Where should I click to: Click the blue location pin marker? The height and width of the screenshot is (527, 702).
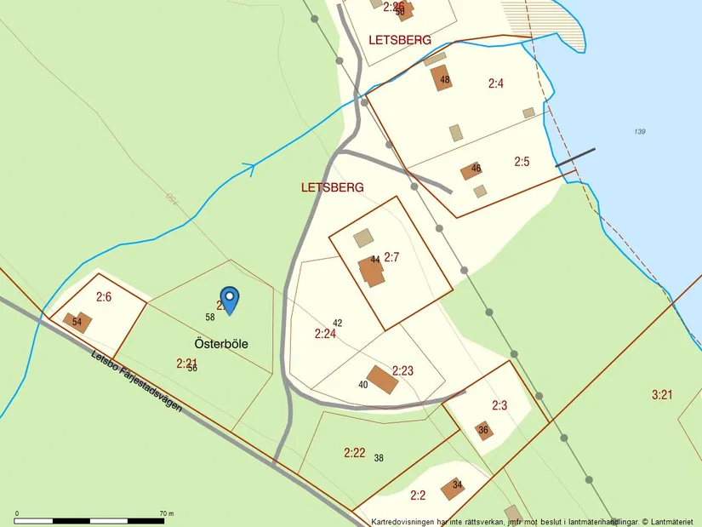pyautogui.click(x=230, y=299)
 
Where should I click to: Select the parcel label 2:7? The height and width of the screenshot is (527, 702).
pyautogui.click(x=391, y=256)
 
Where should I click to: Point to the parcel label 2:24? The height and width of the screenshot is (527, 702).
pyautogui.click(x=325, y=335)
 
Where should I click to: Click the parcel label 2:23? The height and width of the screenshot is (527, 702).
pyautogui.click(x=402, y=370)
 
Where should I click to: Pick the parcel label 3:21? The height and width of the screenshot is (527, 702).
pyautogui.click(x=662, y=394)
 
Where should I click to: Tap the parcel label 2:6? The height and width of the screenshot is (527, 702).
pyautogui.click(x=104, y=297)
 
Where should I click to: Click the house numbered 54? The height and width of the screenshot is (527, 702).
pyautogui.click(x=77, y=322)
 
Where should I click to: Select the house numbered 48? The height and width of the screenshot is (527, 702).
pyautogui.click(x=442, y=78)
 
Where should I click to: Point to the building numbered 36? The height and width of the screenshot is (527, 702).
pyautogui.click(x=483, y=431)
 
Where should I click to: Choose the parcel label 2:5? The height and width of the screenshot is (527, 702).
pyautogui.click(x=522, y=161)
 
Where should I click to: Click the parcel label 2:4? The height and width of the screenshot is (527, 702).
pyautogui.click(x=496, y=83)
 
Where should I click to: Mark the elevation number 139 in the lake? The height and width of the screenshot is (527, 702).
pyautogui.click(x=640, y=131)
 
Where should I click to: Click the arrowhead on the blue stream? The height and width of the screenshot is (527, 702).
pyautogui.click(x=249, y=168)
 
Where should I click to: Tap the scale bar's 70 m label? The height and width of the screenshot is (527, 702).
pyautogui.click(x=167, y=514)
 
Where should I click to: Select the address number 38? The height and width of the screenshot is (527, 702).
pyautogui.click(x=379, y=458)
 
